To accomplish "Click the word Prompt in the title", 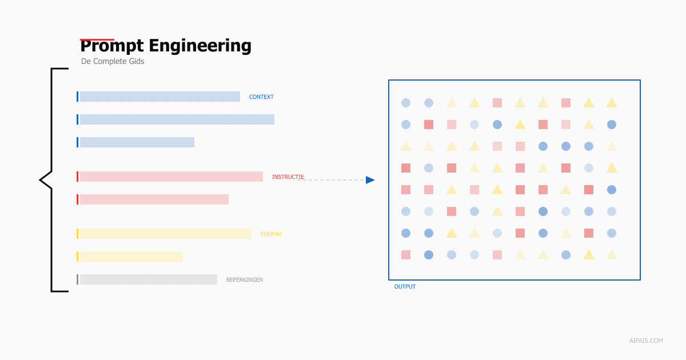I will tap(112, 46).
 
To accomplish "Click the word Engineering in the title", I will tap(200, 46).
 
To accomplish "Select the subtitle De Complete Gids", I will tap(113, 61).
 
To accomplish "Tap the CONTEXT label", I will tap(261, 97).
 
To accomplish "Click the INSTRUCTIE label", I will tap(288, 177).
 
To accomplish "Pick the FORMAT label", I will tap(271, 234).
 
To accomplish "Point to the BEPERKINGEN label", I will tap(245, 280).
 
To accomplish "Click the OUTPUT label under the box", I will tap(405, 287).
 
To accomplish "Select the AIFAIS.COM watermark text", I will tap(646, 341).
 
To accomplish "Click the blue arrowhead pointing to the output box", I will tap(370, 180).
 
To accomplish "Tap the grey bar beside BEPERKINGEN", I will tap(148, 279).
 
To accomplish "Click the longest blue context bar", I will tap(177, 119).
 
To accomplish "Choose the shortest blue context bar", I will tap(137, 142).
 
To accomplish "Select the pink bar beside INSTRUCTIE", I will tap(171, 177).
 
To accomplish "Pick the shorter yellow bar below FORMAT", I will tap(131, 257).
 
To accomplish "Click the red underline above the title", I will tap(97, 39).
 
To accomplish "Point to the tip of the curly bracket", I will tap(41, 180).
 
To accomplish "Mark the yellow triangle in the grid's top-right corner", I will tap(612, 103).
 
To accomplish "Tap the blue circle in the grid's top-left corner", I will tap(406, 103).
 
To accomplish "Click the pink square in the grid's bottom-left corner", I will tap(406, 255).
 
